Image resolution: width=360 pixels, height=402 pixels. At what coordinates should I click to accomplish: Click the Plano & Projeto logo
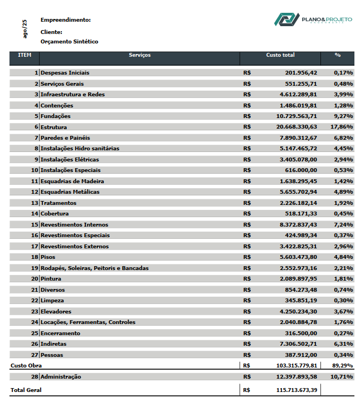pos(313,19)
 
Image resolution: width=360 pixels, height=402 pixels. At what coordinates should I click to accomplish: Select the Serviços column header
pos(139,55)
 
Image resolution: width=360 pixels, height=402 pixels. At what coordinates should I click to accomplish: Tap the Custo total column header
pos(280,55)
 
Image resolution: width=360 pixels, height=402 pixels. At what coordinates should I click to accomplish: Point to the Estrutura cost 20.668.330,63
pos(296,127)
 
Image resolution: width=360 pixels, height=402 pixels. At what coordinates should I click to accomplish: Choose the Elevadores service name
pos(56,311)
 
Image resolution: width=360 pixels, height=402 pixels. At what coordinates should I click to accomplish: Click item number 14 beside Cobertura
pos(35,213)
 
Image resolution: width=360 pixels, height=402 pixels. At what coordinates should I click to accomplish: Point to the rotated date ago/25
pos(25,29)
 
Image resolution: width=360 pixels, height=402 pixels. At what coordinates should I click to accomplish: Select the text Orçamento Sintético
pos(69,41)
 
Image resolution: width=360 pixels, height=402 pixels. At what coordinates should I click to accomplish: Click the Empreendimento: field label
pos(65,20)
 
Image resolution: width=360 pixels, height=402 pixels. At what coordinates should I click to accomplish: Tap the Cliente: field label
pos(51,32)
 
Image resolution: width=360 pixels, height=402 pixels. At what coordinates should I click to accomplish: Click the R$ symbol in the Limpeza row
pos(247,300)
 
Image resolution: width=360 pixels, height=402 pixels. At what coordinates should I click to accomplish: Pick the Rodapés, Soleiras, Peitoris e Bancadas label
pos(95,268)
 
